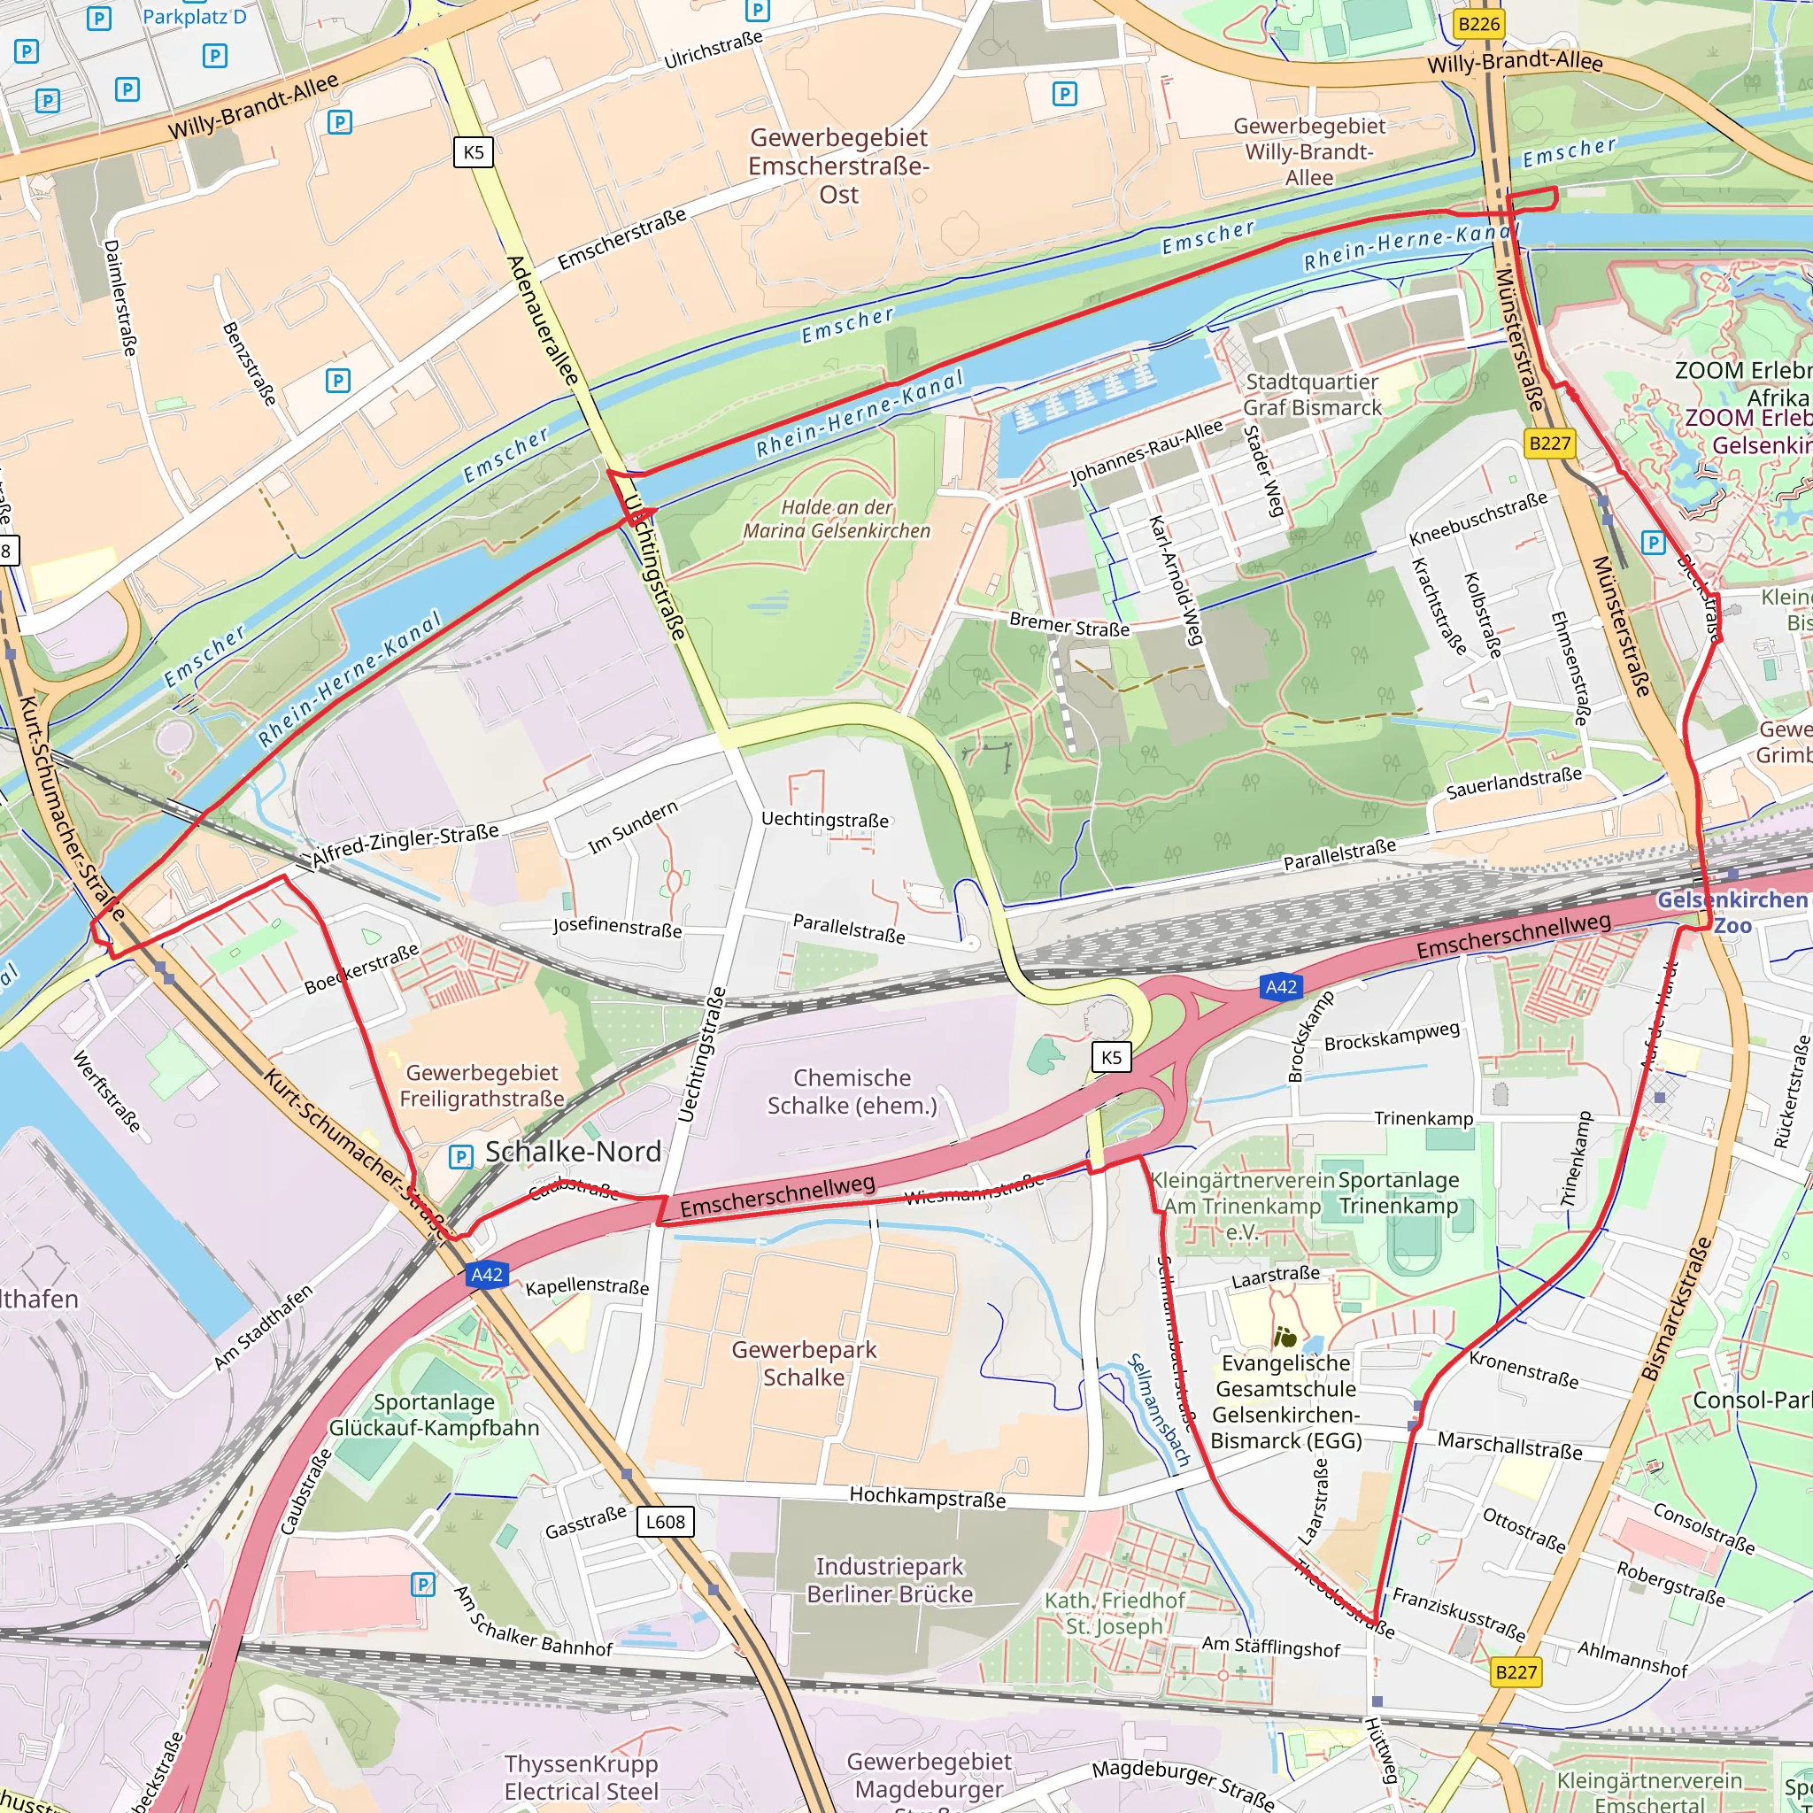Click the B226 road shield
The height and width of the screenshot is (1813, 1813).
coord(1478,24)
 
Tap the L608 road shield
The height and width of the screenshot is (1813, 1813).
coord(665,1521)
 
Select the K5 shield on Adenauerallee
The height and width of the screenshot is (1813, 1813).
coord(473,152)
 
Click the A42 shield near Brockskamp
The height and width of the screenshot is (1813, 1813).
coord(1280,986)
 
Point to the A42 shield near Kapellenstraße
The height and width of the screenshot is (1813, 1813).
coord(486,1275)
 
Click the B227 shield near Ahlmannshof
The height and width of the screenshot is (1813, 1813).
coord(1516,1672)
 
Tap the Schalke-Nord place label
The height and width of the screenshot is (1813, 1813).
coord(573,1152)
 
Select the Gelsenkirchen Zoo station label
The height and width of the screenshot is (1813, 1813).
coord(1732,912)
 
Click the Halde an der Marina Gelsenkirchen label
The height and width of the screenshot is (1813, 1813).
coord(836,519)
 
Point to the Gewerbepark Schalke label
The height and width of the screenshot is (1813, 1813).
coord(803,1362)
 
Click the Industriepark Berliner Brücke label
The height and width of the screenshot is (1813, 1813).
coord(889,1580)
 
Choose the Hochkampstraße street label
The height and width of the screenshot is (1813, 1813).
coord(927,1497)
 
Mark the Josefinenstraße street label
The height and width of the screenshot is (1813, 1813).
coord(616,927)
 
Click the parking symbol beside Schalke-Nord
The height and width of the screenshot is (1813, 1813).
coord(460,1156)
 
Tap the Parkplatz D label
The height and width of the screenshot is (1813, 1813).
coord(194,16)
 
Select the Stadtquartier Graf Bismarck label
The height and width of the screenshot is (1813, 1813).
coord(1312,394)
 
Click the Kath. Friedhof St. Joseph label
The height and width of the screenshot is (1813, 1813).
coord(1114,1613)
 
